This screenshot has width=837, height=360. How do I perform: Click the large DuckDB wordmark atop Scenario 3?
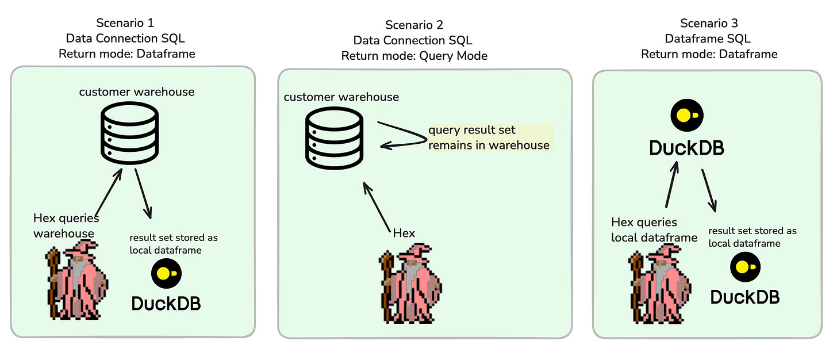(686, 147)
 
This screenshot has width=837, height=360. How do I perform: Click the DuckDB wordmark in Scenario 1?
(166, 303)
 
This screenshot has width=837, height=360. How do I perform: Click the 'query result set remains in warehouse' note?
(489, 137)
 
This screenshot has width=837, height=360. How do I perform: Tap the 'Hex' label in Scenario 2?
(404, 233)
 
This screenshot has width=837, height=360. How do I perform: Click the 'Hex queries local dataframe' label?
(654, 229)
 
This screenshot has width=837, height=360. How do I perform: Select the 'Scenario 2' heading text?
(414, 25)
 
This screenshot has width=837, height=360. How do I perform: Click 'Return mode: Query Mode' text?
(414, 56)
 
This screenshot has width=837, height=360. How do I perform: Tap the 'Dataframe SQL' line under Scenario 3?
(709, 39)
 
